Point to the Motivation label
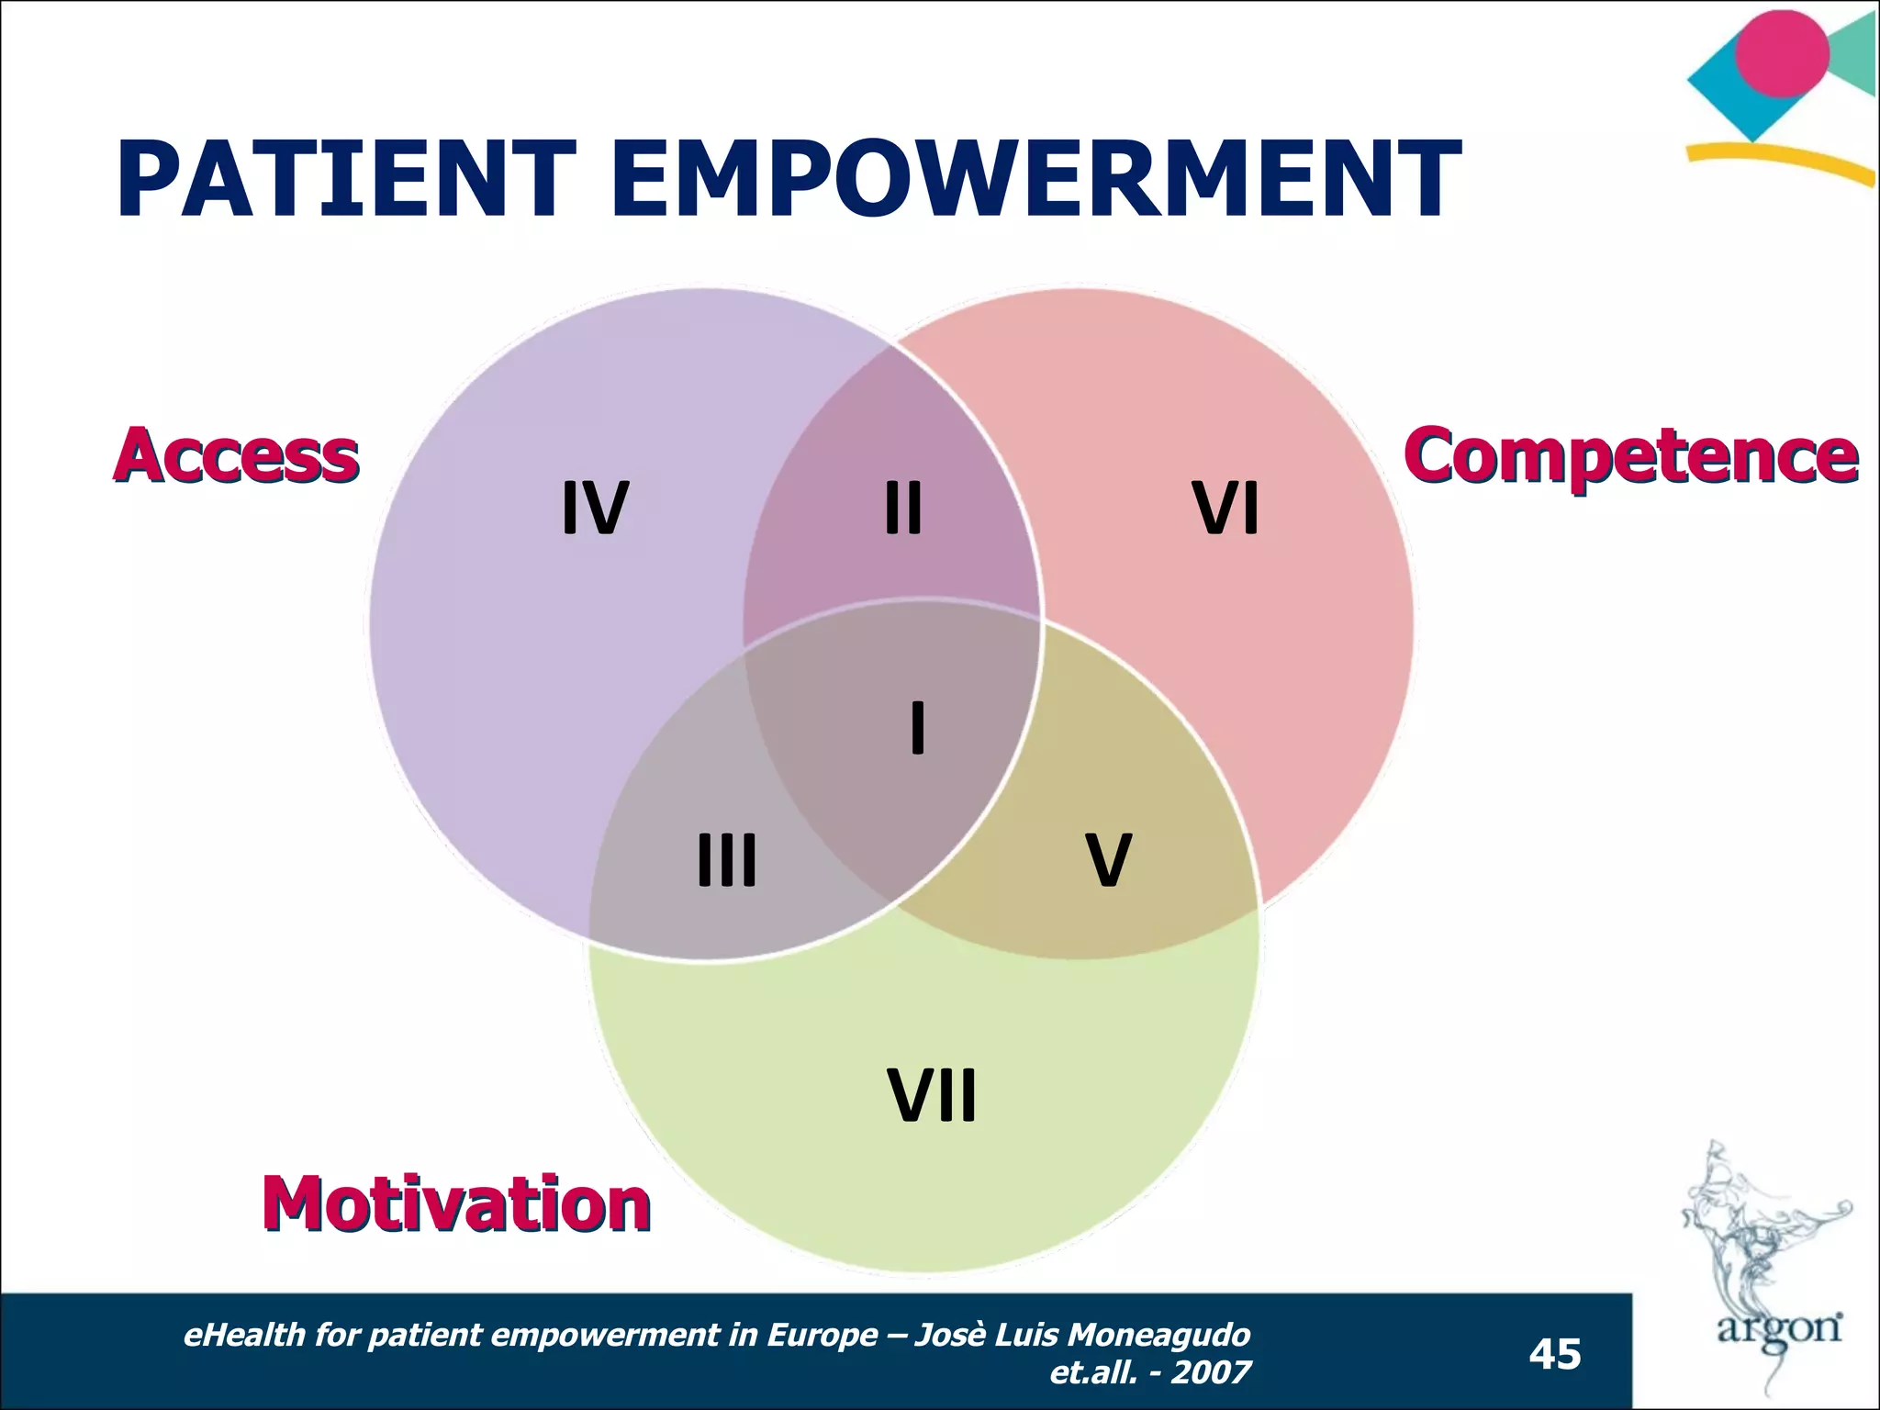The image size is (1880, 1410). [x=456, y=1203]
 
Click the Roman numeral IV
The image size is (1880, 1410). [x=595, y=509]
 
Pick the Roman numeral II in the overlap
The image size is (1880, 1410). [x=903, y=509]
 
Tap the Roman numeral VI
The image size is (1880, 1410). [x=1225, y=509]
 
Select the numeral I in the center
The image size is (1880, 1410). [x=917, y=727]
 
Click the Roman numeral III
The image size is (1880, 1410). [x=727, y=860]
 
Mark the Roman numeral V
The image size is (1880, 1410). [x=1108, y=860]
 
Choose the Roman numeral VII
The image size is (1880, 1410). [x=932, y=1095]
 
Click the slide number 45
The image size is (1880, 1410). [x=1555, y=1354]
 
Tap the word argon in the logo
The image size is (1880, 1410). [x=1779, y=1328]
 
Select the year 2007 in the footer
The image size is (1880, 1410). [x=1211, y=1372]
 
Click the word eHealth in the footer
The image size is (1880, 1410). [x=244, y=1335]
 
